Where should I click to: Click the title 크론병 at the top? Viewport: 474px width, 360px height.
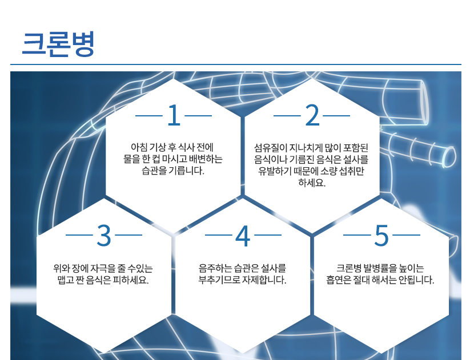tap(58, 44)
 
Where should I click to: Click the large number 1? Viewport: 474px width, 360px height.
tap(174, 115)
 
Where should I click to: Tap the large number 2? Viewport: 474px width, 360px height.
tap(312, 115)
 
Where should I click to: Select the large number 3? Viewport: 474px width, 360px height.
tap(104, 235)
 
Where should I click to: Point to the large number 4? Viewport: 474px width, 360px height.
tap(243, 235)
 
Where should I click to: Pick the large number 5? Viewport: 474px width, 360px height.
tap(381, 235)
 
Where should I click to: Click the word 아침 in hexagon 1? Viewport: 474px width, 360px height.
tap(139, 147)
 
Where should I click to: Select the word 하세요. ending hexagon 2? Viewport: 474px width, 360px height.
tap(312, 183)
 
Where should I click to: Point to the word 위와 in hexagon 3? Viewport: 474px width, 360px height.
tap(62, 268)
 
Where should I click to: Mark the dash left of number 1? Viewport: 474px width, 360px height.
tap(149, 116)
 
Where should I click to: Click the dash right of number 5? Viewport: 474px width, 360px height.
tap(406, 235)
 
